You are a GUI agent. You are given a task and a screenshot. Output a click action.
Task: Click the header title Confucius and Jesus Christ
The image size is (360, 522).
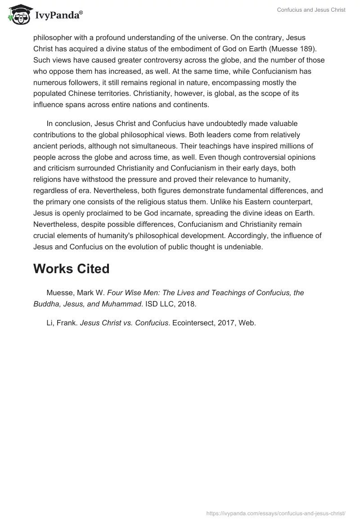point(311,10)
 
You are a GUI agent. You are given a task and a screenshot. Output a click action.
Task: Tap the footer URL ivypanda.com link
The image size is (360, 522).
point(275,513)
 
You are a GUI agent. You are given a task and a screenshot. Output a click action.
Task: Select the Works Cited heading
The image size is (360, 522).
point(72,269)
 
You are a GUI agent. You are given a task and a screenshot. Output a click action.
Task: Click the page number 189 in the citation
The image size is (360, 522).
point(311,49)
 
